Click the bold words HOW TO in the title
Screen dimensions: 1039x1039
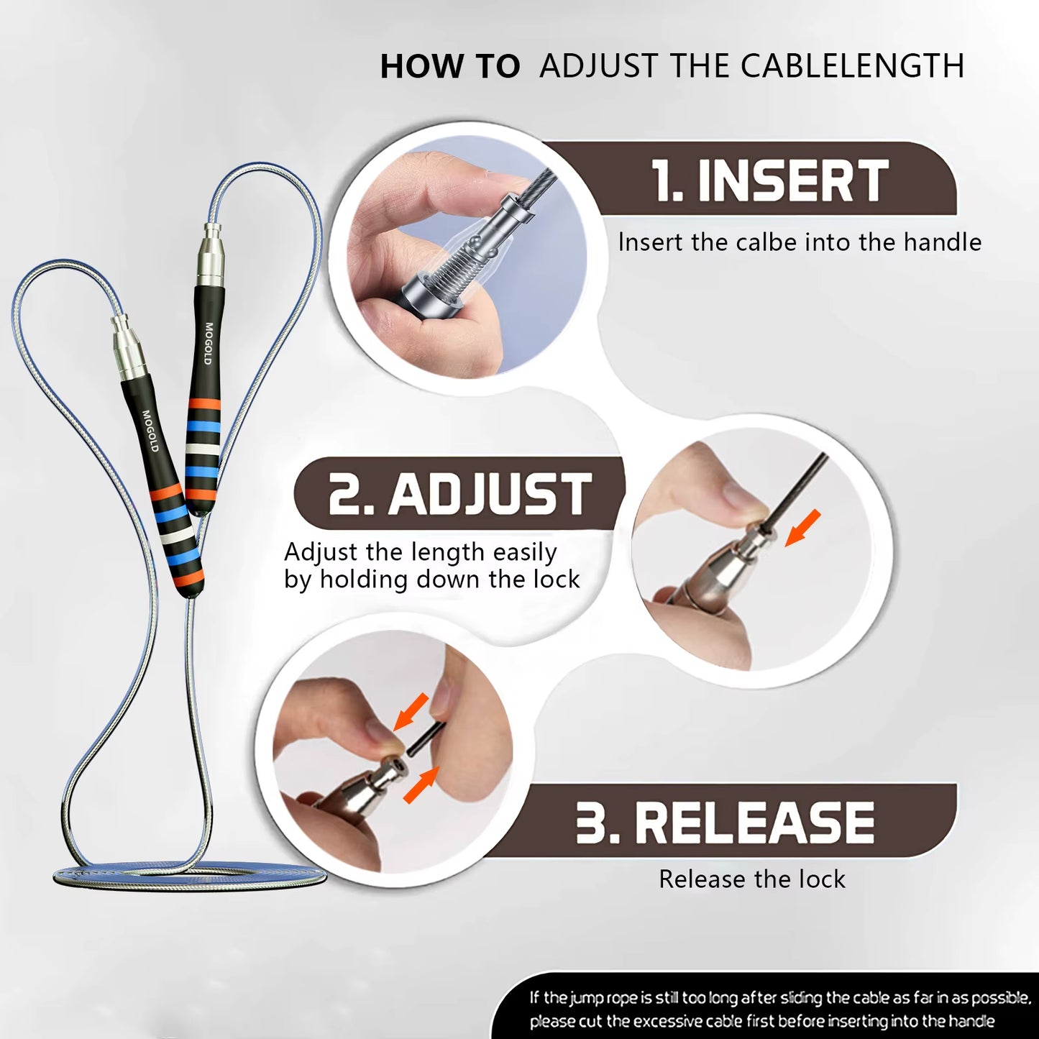(449, 66)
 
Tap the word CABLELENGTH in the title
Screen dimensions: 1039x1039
(852, 66)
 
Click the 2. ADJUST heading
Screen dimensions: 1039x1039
(460, 495)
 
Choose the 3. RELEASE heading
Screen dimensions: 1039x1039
(725, 823)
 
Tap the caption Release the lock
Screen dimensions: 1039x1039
(752, 879)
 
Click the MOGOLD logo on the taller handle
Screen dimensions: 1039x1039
(209, 343)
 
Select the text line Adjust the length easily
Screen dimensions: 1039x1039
(421, 552)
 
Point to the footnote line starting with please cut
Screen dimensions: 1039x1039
(762, 1021)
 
